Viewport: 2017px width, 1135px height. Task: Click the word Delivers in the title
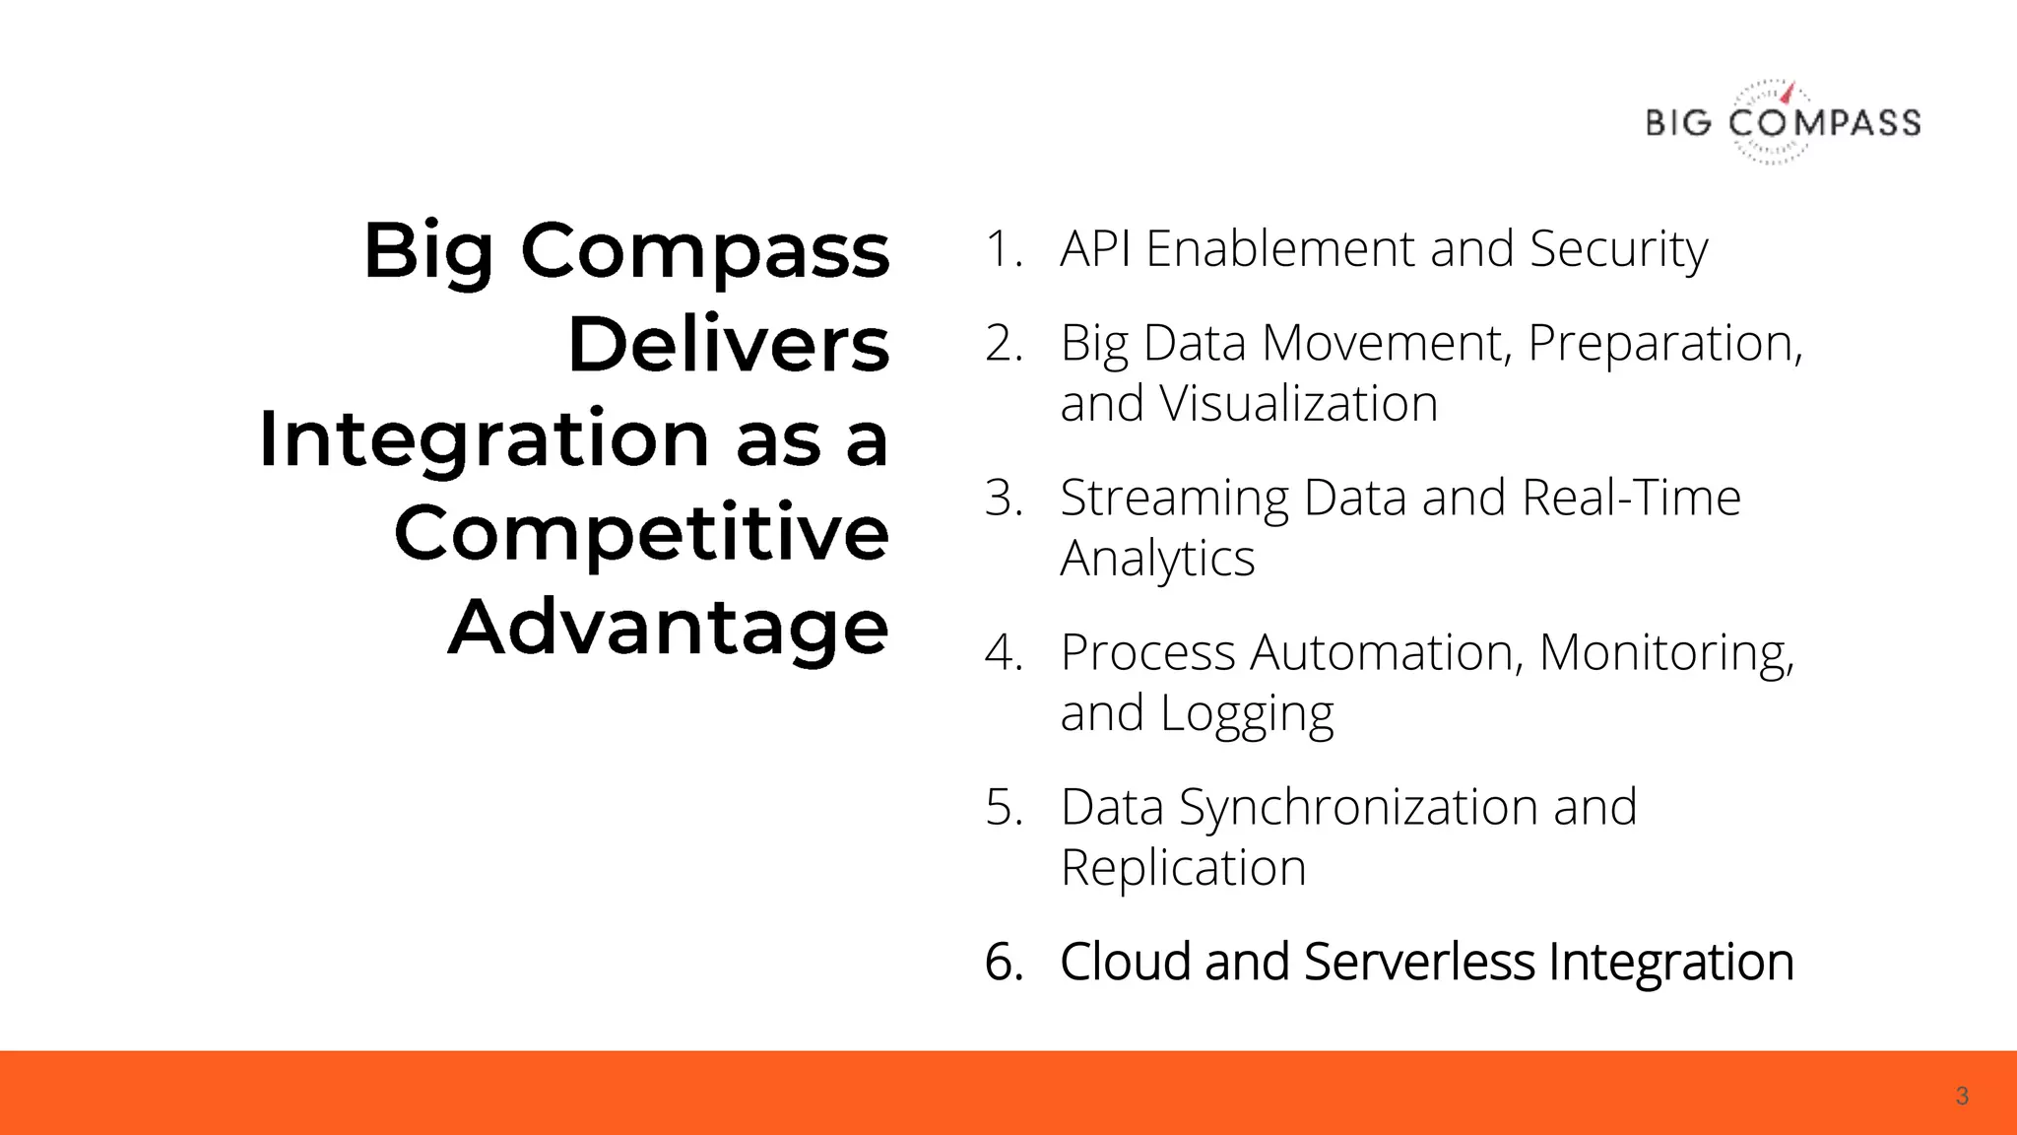[x=729, y=345]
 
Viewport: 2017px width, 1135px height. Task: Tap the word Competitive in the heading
[x=641, y=533]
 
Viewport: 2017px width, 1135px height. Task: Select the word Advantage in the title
[x=669, y=628]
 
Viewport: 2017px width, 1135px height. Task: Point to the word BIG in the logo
[x=1679, y=123]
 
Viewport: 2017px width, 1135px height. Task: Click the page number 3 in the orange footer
[x=1962, y=1096]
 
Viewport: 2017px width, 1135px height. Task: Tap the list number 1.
[x=1003, y=248]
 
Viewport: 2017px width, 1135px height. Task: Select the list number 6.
[x=1003, y=962]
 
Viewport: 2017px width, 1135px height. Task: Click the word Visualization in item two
[x=1298, y=404]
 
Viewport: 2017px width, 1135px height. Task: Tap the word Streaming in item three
[x=1174, y=499]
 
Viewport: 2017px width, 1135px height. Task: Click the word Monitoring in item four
[x=1665, y=653]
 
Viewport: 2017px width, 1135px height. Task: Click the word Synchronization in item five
[x=1358, y=808]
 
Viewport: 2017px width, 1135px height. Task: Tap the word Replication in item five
[x=1183, y=868]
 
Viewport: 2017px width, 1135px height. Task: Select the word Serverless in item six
[x=1419, y=962]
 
